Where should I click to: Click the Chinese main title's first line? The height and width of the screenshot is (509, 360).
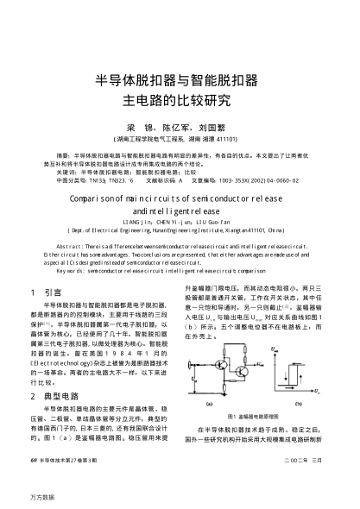click(x=180, y=82)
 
